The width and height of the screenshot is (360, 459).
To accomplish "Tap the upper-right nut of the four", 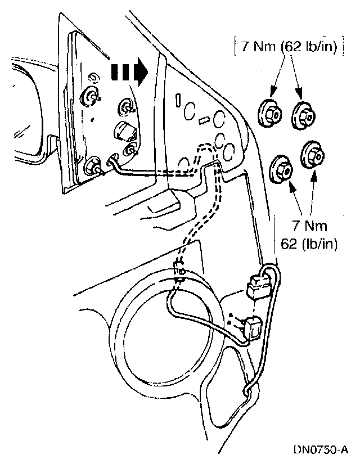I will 304,114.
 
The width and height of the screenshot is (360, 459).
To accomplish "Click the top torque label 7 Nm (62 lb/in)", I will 287,46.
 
